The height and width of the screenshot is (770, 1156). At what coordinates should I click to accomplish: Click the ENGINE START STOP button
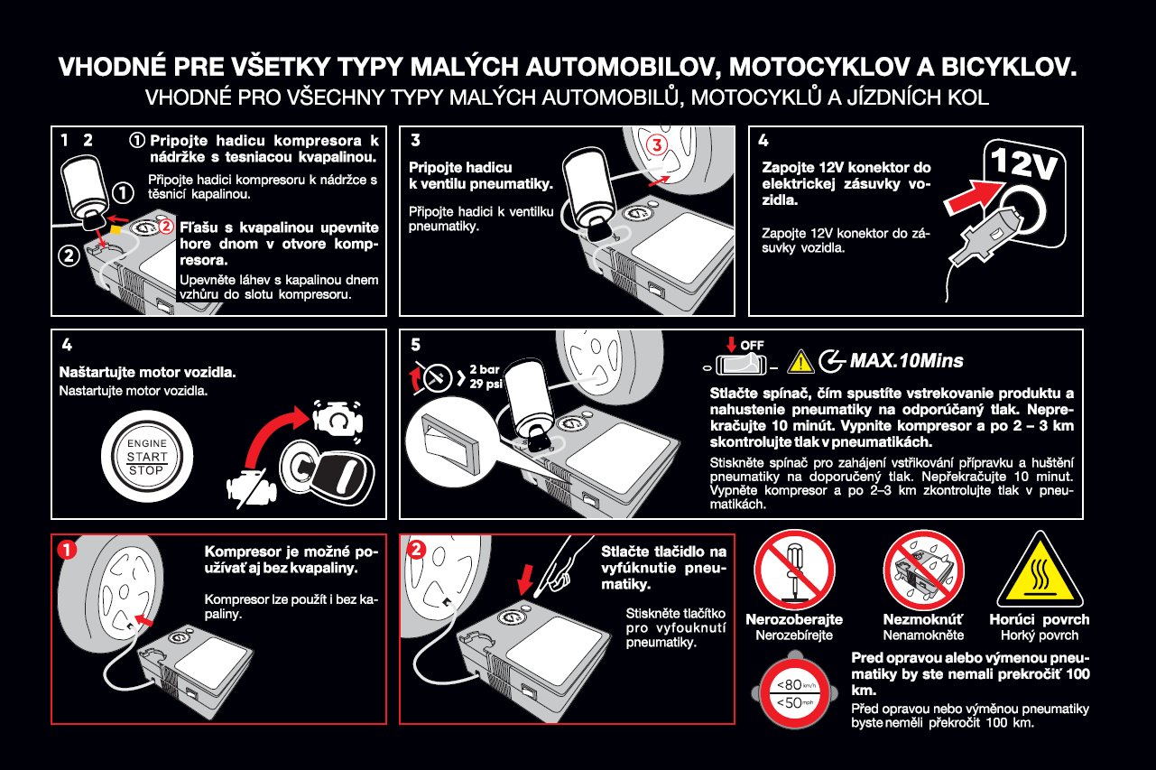(x=146, y=457)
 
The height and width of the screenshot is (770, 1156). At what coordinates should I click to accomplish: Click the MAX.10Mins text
(x=907, y=361)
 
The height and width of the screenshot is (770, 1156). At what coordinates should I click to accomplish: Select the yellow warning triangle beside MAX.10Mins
(x=800, y=362)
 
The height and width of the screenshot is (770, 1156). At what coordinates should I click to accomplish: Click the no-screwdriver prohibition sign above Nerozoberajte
(x=793, y=569)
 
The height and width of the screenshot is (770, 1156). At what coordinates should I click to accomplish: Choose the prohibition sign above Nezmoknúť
(x=922, y=569)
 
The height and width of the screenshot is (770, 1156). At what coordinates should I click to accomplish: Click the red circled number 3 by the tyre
(x=655, y=144)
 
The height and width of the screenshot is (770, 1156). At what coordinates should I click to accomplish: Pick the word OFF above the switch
(x=753, y=346)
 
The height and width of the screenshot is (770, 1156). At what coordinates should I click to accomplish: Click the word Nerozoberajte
(x=794, y=620)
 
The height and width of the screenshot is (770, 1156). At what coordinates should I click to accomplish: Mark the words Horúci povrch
(x=1039, y=620)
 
